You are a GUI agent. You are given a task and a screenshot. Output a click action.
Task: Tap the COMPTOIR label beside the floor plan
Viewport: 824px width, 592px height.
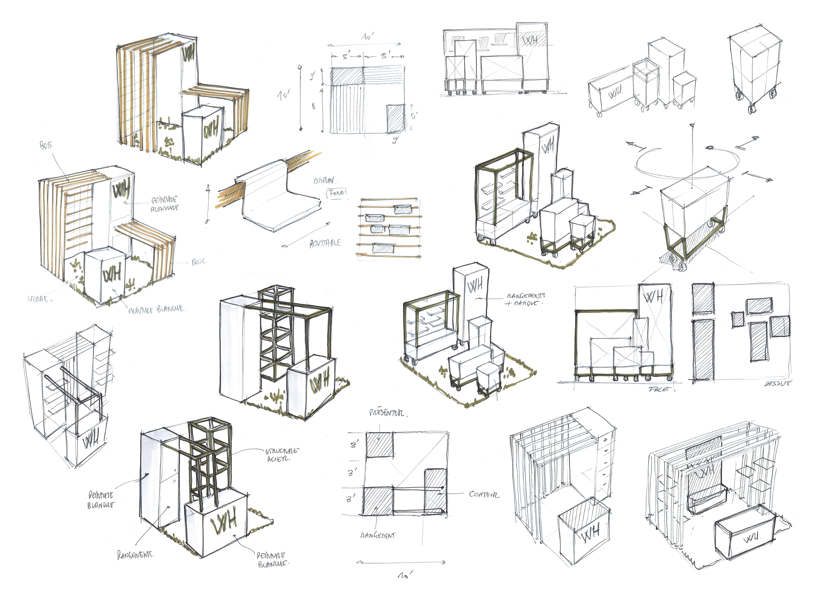[x=484, y=494]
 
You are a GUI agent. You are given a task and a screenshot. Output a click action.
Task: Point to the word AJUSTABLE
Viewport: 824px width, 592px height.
[x=325, y=243]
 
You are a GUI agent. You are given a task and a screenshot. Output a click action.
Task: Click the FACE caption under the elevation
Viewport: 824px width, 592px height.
[x=658, y=389]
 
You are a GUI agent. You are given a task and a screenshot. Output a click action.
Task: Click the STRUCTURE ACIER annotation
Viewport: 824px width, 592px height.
[x=282, y=454]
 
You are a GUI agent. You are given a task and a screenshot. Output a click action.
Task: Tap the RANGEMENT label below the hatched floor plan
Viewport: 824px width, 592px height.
[x=378, y=535]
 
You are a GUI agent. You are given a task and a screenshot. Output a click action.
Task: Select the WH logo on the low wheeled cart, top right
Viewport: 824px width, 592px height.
[x=615, y=94]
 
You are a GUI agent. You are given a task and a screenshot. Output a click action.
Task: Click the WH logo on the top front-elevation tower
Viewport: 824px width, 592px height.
[x=531, y=40]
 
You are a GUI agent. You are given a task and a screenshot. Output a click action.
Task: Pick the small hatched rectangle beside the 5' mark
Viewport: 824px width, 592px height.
[x=395, y=118]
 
